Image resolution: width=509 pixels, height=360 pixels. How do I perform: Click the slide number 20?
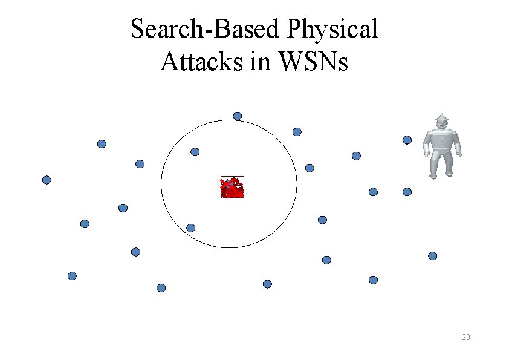465,337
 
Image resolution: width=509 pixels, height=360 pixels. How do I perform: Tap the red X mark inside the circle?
232,188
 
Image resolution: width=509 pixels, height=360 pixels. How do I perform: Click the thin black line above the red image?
232,177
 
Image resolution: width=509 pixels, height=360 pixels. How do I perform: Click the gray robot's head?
441,123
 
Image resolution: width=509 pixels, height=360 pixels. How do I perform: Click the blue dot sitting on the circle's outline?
238,116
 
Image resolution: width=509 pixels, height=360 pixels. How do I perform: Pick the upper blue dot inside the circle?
195,152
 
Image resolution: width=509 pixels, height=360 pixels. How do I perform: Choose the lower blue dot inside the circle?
190,228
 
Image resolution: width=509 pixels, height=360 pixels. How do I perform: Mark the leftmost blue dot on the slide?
47,180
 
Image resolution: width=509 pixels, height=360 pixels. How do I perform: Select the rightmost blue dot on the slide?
432,256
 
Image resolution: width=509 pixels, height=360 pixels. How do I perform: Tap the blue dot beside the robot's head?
407,140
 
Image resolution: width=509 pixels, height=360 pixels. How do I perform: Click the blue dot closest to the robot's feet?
407,192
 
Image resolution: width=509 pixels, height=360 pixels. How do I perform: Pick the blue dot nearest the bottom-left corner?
72,276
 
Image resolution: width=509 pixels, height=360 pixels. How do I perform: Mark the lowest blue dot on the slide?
161,288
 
